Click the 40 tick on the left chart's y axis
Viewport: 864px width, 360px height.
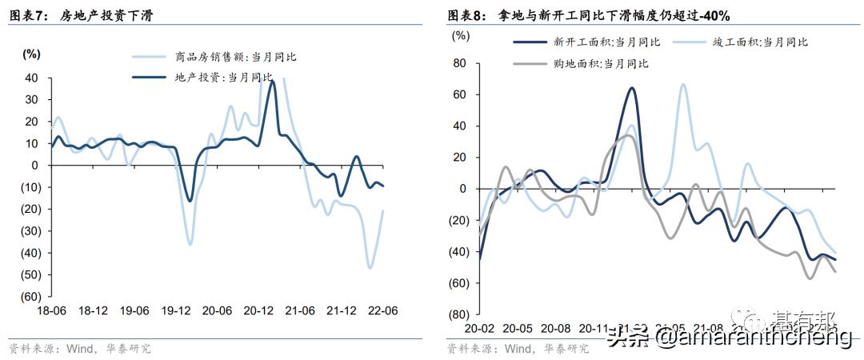point(32,78)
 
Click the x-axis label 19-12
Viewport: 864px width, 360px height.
point(177,310)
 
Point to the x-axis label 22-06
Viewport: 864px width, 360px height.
point(384,310)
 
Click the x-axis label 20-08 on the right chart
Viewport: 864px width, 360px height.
point(554,328)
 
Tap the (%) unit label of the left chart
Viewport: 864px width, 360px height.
point(31,54)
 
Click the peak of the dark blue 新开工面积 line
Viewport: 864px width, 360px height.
point(632,88)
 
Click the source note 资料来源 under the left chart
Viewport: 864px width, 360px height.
point(80,349)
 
